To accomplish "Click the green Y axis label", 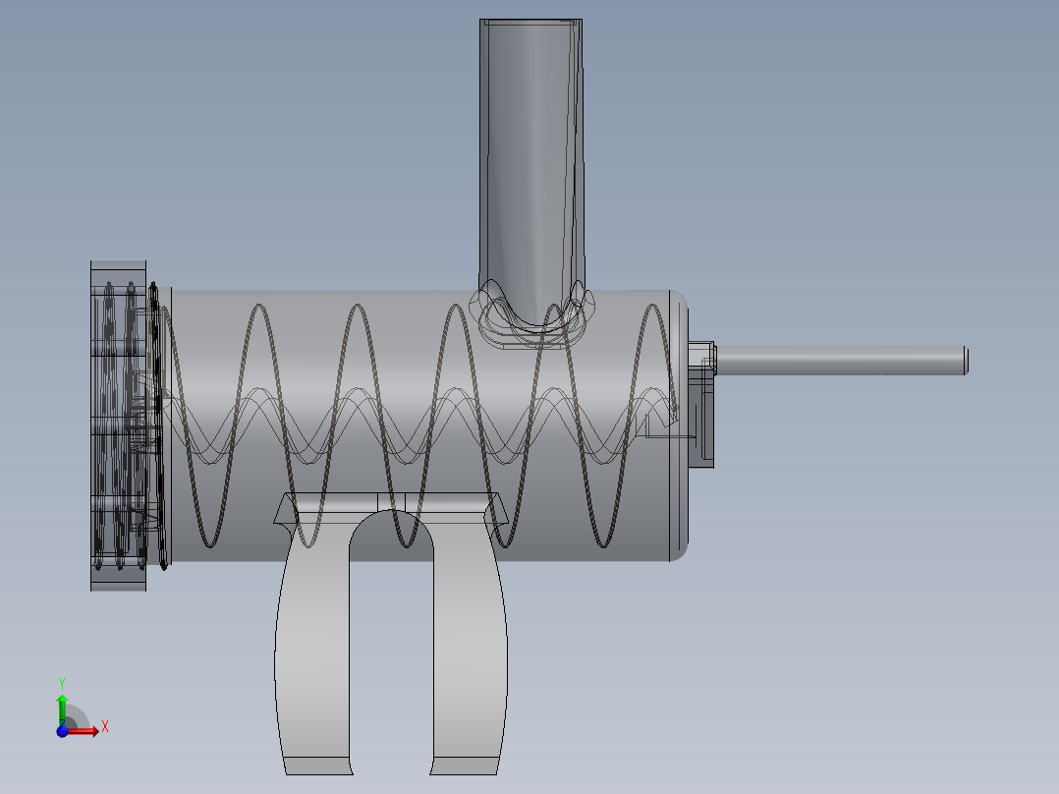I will (x=61, y=682).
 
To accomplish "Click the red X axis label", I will (x=104, y=727).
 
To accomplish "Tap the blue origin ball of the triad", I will (x=62, y=730).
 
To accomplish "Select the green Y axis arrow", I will (x=62, y=708).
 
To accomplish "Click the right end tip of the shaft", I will (x=965, y=360).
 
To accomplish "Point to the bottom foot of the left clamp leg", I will (x=316, y=765).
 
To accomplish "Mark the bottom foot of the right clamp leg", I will (x=466, y=765).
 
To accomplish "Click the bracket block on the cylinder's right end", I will (x=704, y=423).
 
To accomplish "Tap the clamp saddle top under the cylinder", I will (x=391, y=502).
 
